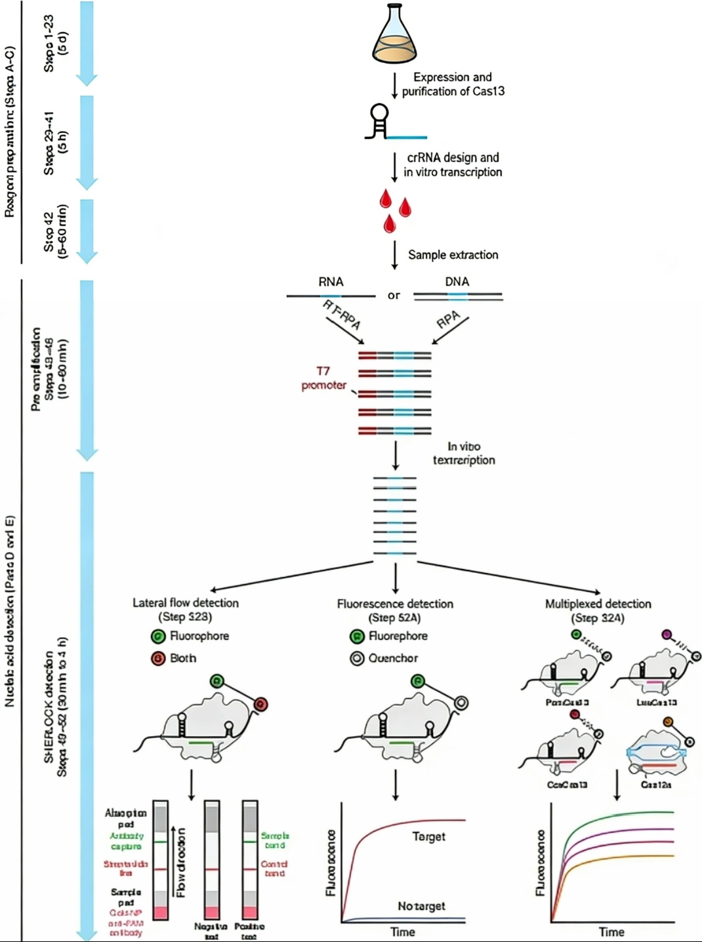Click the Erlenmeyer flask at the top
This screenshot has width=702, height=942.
(x=395, y=34)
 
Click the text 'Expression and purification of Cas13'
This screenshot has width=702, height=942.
(x=453, y=85)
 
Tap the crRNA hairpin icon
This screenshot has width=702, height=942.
(x=379, y=121)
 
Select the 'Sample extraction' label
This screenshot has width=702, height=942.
(x=453, y=255)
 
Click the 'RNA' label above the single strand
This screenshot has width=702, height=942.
(x=331, y=282)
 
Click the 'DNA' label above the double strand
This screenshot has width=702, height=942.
(x=457, y=282)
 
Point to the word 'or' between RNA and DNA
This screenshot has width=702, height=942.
(x=394, y=296)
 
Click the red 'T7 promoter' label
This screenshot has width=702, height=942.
(x=323, y=378)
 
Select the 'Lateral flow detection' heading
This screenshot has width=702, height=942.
(x=186, y=603)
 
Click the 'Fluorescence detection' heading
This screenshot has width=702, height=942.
(x=395, y=604)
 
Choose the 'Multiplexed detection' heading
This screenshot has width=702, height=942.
(x=598, y=604)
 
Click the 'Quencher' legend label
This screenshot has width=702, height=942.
(x=393, y=658)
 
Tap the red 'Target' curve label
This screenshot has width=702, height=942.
(x=428, y=836)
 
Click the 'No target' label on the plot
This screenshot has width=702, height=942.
(x=421, y=906)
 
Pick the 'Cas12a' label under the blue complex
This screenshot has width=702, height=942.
(x=655, y=784)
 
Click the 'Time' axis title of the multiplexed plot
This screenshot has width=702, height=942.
(x=611, y=932)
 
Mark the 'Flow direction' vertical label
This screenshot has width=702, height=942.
(x=181, y=862)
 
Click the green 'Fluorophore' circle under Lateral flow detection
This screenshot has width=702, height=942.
(x=158, y=636)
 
